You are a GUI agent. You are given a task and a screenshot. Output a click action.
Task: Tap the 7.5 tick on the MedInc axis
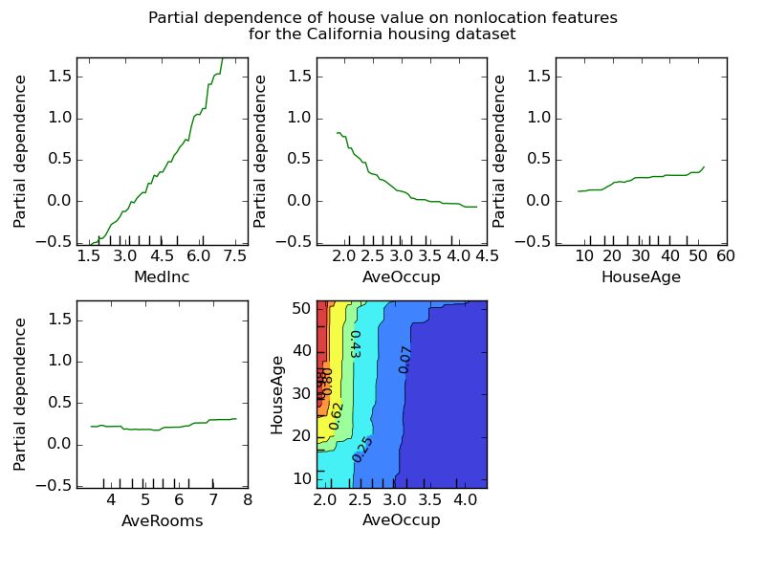(235, 257)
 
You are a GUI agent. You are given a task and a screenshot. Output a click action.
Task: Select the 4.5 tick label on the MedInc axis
(162, 257)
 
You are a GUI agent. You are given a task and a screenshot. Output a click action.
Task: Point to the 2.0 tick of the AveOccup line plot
(344, 257)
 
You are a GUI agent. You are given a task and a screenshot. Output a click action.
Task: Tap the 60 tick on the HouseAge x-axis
(725, 257)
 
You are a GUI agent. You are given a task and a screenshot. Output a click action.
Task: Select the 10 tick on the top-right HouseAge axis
(584, 257)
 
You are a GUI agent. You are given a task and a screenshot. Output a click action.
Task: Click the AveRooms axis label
(162, 520)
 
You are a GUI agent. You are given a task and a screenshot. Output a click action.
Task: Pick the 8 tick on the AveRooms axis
(247, 500)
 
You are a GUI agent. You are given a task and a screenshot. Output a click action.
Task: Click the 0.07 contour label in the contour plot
(405, 359)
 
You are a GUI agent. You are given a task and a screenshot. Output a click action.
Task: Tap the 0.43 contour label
(355, 344)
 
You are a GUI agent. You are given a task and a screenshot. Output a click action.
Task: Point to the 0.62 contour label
(336, 415)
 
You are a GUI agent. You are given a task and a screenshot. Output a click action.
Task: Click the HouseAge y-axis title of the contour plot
(277, 394)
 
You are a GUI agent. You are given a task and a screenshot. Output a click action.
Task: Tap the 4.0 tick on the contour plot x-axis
(466, 500)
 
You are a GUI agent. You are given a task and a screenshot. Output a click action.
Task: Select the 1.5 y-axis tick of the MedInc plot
(58, 76)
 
